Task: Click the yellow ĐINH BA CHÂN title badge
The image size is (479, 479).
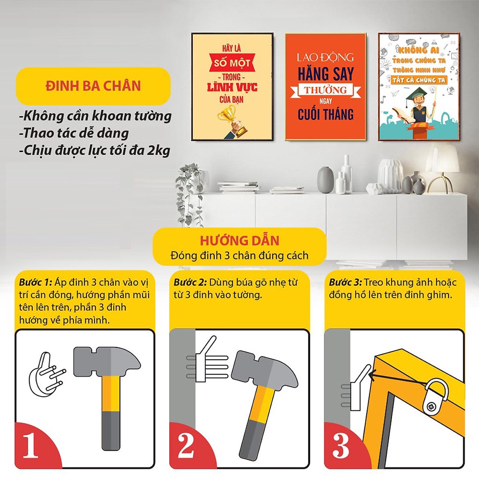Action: tap(93, 86)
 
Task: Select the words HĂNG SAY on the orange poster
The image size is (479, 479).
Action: tap(326, 74)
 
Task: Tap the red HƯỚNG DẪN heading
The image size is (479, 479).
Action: tap(239, 241)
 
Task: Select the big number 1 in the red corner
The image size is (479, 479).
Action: tap(30, 447)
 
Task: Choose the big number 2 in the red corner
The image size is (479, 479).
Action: tap(185, 447)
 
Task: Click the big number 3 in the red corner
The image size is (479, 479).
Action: tap(340, 447)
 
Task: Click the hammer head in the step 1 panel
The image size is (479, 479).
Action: tap(107, 361)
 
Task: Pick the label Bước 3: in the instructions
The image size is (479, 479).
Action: tap(345, 283)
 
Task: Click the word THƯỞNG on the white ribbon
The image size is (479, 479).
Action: tap(326, 90)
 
